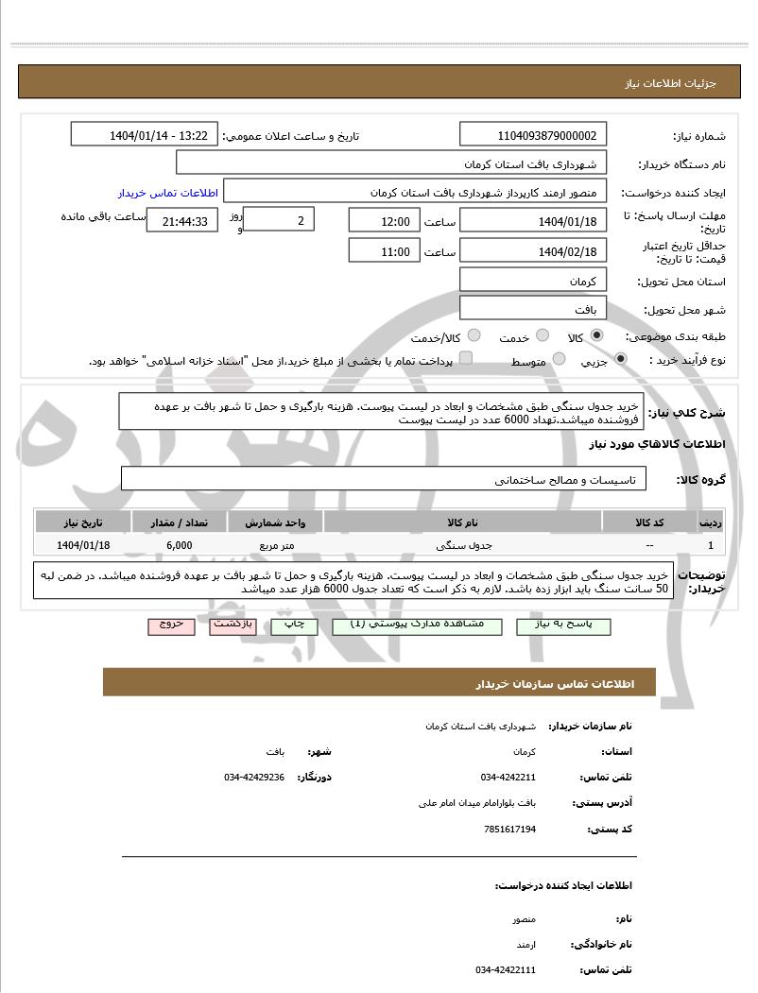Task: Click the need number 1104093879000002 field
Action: (534, 135)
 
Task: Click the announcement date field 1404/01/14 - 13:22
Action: (145, 135)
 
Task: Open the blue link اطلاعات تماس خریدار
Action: (168, 193)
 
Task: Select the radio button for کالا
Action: (596, 335)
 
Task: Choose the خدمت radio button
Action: (543, 335)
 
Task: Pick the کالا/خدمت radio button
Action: (474, 335)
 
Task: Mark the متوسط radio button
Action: (560, 359)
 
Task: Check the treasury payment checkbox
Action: (465, 359)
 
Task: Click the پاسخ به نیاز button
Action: (563, 625)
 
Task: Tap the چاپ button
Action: (294, 625)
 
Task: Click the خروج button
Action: (171, 625)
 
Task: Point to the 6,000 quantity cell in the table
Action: (179, 545)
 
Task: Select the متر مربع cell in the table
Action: (276, 545)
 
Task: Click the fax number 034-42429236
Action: (254, 777)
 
